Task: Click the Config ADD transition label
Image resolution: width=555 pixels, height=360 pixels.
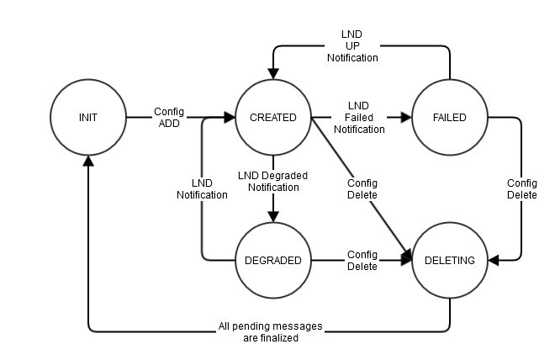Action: pyautogui.click(x=169, y=118)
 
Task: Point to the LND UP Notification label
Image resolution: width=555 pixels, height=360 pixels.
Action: pyautogui.click(x=352, y=46)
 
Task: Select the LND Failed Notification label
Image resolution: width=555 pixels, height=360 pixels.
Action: pyautogui.click(x=359, y=118)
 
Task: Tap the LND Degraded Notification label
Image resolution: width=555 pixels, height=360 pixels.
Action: pyautogui.click(x=273, y=181)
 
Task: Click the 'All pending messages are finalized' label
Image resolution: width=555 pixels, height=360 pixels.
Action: pyautogui.click(x=271, y=331)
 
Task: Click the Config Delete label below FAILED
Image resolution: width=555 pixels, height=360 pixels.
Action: pyautogui.click(x=521, y=189)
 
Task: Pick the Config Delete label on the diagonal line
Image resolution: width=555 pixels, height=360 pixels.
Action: pyautogui.click(x=362, y=189)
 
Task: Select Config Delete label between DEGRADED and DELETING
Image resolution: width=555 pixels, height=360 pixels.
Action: pyautogui.click(x=362, y=260)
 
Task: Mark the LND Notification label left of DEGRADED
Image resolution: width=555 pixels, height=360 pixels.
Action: pyautogui.click(x=202, y=189)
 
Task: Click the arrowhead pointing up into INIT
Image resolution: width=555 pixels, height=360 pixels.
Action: pyautogui.click(x=88, y=161)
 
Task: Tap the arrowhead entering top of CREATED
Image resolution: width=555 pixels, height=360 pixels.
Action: pyautogui.click(x=273, y=73)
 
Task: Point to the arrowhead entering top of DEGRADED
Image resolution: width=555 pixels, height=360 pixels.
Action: pyautogui.click(x=273, y=216)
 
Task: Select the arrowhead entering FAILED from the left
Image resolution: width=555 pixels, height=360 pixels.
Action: pyautogui.click(x=406, y=117)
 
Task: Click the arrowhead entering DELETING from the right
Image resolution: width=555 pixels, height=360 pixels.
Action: pyautogui.click(x=494, y=260)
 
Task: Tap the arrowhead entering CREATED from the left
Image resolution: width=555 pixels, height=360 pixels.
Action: pyautogui.click(x=230, y=117)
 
